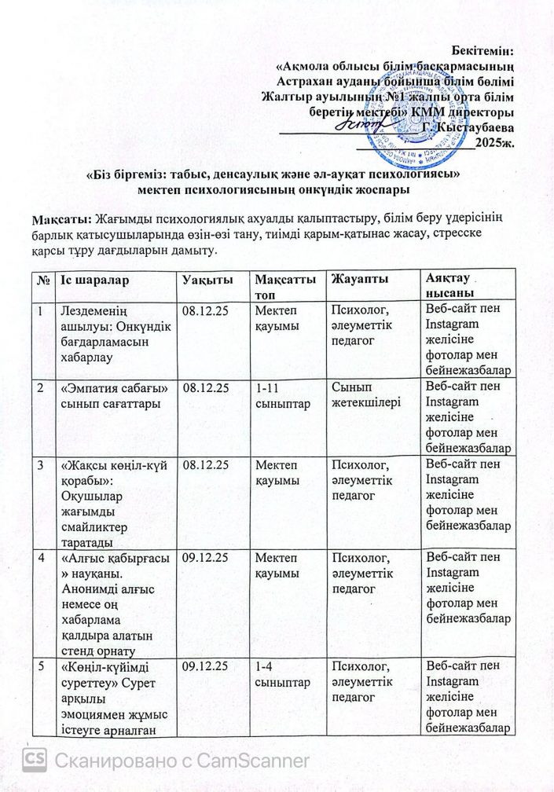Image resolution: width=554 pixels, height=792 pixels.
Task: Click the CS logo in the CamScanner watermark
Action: pyautogui.click(x=35, y=759)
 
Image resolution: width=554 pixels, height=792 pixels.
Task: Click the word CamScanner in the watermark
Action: pyautogui.click(x=255, y=760)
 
